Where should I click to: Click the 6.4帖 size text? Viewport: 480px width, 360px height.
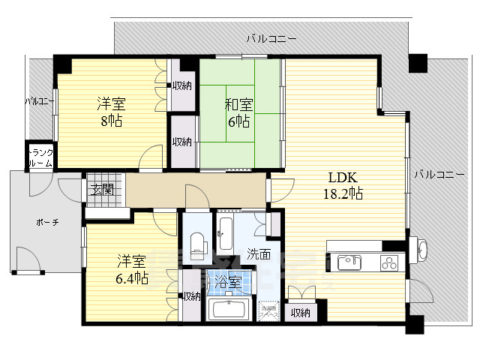click(x=132, y=278)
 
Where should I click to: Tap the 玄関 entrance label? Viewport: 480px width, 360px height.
click(x=103, y=189)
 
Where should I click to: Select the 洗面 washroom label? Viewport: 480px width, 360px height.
click(x=259, y=253)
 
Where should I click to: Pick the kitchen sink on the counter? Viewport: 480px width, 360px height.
click(x=349, y=262)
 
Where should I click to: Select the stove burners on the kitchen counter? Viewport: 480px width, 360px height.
click(x=391, y=262)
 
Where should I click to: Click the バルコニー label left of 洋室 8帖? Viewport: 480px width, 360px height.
click(x=37, y=100)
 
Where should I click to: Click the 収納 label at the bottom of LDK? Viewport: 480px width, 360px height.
click(x=301, y=312)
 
